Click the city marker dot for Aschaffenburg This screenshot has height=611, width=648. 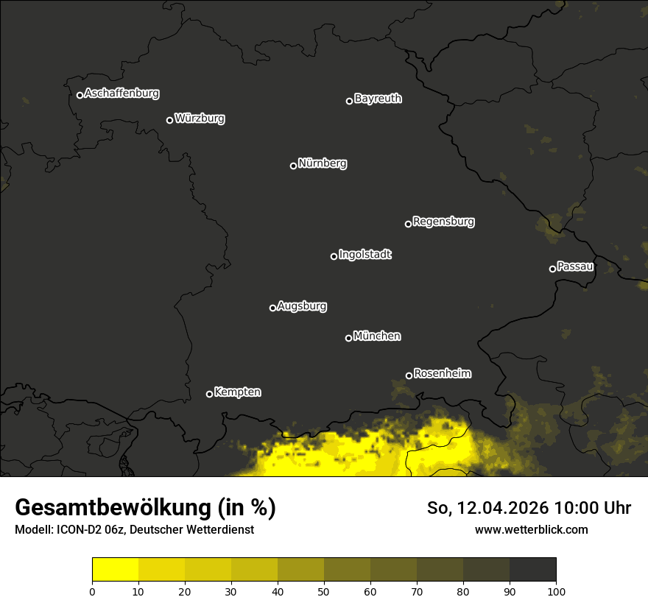[x=80, y=95]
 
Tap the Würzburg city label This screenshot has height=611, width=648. [x=200, y=119]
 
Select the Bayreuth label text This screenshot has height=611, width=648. [x=378, y=99]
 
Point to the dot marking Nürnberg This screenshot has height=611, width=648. [x=293, y=166]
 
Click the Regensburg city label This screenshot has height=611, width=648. [x=443, y=222]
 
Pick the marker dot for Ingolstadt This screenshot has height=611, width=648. [x=334, y=256]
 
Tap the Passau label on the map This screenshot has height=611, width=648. [x=575, y=266]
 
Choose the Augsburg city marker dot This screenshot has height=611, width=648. [x=272, y=308]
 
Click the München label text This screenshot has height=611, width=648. [x=377, y=336]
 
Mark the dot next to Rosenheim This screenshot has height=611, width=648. [x=409, y=376]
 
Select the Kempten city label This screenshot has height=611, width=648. [x=237, y=392]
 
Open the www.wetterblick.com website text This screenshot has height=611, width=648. [x=531, y=529]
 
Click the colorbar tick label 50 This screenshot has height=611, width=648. [x=324, y=591]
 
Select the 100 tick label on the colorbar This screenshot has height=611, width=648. [x=556, y=591]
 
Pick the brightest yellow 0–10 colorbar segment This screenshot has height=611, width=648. [x=116, y=570]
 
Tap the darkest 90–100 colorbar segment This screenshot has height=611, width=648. [x=532, y=570]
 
